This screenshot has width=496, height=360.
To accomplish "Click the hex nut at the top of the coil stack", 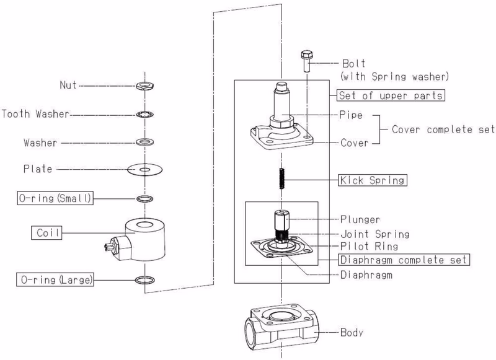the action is pos(145,86).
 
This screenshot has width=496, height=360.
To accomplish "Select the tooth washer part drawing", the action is pos(145,115).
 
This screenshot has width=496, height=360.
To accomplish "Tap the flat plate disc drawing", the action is pos(145,170).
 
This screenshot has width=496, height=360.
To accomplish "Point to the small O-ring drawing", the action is pos(145,199).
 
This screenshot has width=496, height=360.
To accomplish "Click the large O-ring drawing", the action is pos(145,279).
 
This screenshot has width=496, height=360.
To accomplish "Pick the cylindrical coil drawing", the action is pos(145,240).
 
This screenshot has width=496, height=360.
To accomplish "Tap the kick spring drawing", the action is pos(282,178).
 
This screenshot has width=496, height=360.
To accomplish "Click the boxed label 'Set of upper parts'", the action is pos(391,95).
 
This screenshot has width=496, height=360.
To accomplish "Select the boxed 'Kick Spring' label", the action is pos(373,180).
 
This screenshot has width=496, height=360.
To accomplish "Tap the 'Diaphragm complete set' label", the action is pos(404,260).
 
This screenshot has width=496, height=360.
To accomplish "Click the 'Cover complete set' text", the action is pos(443,130).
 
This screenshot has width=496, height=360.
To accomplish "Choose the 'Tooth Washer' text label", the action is pos(35,114).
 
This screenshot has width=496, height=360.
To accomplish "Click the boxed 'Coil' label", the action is pos(46,232).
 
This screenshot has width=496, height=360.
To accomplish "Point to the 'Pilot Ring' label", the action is pos(369,246).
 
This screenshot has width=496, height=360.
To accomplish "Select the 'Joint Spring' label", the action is pos(375,234).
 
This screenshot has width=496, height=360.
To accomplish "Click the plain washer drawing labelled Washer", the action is pos(145,142).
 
